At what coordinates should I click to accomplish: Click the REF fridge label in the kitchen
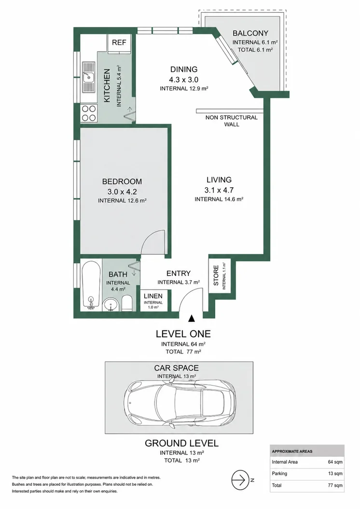tap(119, 42)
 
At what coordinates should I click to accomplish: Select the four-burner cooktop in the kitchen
tap(89, 113)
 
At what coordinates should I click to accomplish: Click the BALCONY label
tap(250, 33)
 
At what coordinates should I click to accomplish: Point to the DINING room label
tap(184, 69)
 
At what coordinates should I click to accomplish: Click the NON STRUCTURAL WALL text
tap(232, 121)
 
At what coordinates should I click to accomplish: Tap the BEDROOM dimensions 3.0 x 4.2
tap(122, 192)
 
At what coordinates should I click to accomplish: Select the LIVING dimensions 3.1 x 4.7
tap(219, 190)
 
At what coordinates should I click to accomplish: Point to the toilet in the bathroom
tap(127, 303)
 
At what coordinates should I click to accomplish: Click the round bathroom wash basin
tap(110, 305)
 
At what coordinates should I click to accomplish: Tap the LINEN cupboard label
tap(153, 296)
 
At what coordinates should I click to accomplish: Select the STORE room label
tap(216, 275)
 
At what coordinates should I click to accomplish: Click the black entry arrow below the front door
tap(192, 318)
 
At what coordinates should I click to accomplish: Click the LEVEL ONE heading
tap(183, 334)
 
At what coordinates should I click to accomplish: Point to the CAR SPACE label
tap(176, 368)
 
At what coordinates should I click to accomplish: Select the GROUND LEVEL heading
tap(181, 443)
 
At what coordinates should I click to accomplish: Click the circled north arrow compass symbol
tap(240, 480)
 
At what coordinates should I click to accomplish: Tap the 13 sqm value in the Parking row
tap(335, 474)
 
